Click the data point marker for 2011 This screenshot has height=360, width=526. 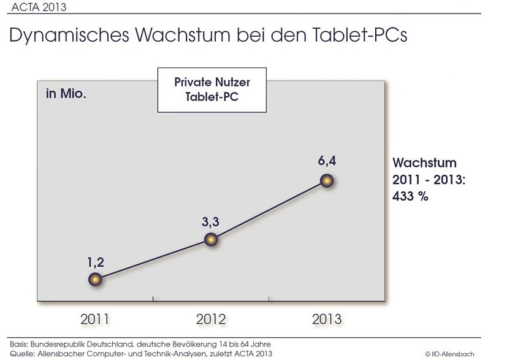tap(94, 280)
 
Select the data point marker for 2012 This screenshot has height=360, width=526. tap(211, 239)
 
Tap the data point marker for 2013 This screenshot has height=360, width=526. tap(327, 181)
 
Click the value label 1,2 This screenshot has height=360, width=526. tap(95, 262)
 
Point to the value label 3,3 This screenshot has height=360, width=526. tap(211, 222)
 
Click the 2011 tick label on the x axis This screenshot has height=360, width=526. tap(95, 320)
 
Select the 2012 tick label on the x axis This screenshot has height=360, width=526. tap(211, 320)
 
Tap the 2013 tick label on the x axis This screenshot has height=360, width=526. tap(327, 320)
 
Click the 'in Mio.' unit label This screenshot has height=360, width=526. tap(66, 94)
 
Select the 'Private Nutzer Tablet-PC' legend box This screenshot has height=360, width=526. tap(212, 90)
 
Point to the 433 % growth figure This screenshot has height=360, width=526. tap(411, 197)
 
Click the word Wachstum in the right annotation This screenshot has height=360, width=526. tap(424, 164)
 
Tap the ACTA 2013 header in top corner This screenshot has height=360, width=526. tap(39, 7)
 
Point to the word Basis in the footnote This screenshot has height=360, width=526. tap(20, 344)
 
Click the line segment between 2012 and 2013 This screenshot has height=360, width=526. tap(269, 210)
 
